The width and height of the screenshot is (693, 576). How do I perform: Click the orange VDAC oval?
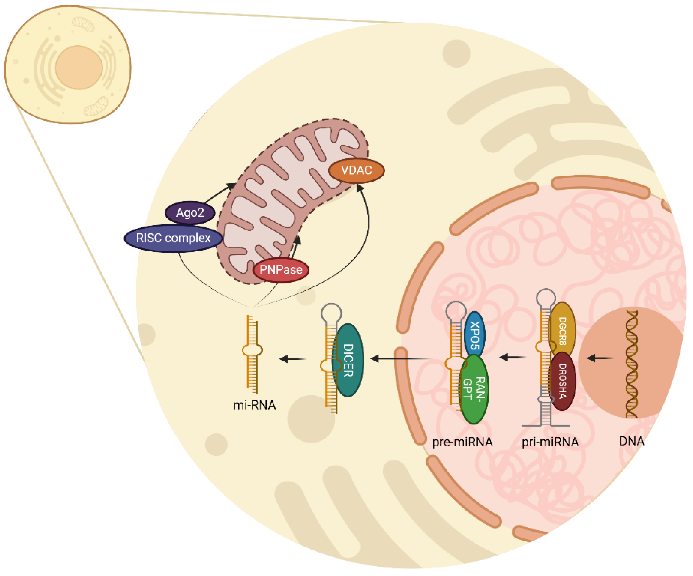[356, 171]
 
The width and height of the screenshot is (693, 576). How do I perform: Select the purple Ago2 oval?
[190, 212]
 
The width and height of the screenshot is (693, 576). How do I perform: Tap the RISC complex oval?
[173, 238]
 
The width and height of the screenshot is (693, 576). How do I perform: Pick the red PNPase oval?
[281, 270]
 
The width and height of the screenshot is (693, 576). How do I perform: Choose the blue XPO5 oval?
[475, 335]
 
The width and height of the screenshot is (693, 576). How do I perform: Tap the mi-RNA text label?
[254, 405]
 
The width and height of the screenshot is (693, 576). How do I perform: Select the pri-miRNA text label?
[550, 442]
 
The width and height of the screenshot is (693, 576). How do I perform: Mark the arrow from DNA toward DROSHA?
[600, 358]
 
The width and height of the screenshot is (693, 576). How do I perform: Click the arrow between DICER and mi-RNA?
[292, 359]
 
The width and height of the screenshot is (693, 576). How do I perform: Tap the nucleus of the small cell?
[79, 68]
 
